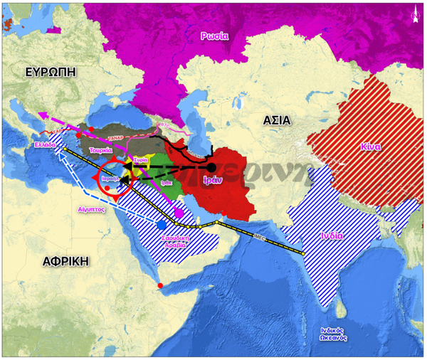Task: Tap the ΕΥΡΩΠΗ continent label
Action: click(49, 73)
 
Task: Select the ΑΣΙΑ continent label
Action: click(276, 120)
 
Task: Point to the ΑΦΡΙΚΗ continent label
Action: click(65, 260)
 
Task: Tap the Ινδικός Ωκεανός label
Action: click(332, 334)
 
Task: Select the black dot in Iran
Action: click(211, 167)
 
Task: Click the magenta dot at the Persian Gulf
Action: click(179, 213)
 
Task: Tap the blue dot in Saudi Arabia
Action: click(162, 224)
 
